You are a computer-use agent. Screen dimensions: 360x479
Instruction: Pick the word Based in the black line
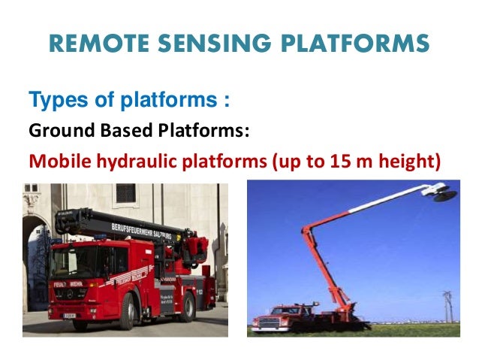coord(125,132)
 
